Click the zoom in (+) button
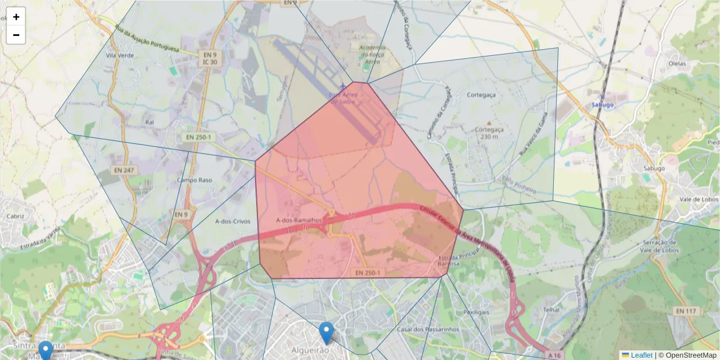click(16, 17)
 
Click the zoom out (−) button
click(16, 35)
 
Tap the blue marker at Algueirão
click(326, 332)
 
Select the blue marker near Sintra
click(45, 350)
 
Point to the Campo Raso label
click(194, 179)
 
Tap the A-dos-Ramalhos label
click(299, 220)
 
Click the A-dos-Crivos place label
click(231, 220)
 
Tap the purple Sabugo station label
click(602, 104)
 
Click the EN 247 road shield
click(124, 171)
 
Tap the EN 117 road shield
click(686, 311)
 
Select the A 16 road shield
click(556, 355)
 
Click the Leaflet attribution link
click(641, 355)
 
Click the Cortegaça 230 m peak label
click(490, 133)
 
